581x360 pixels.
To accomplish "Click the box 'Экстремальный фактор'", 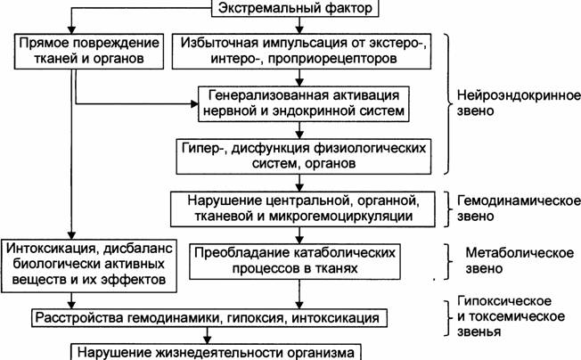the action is tap(295, 8).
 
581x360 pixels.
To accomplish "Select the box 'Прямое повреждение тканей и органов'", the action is tap(89, 52).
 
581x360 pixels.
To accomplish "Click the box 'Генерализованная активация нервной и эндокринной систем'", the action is tap(304, 104).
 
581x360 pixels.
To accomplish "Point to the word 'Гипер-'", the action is tap(203, 149).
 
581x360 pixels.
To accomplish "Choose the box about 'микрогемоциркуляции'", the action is tap(302, 209).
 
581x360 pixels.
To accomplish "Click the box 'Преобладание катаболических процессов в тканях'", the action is tap(295, 261).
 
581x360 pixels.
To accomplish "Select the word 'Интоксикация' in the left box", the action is tap(51, 249).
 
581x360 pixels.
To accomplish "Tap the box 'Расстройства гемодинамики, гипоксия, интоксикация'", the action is tap(209, 318).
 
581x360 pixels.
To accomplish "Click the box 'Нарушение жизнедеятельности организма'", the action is tap(216, 352).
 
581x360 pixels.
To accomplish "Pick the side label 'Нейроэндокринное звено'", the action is tap(519, 103).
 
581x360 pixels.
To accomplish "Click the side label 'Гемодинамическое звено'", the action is tap(519, 209).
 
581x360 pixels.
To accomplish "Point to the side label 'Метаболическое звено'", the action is tap(520, 260).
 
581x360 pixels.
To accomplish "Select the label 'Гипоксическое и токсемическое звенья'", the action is tap(511, 316).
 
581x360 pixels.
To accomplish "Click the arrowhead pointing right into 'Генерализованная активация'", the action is tap(194, 104).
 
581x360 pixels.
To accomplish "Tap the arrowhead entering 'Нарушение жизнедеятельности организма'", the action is tap(208, 340).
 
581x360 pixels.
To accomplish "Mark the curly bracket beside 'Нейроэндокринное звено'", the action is tap(448, 104).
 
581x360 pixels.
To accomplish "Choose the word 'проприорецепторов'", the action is tap(332, 59).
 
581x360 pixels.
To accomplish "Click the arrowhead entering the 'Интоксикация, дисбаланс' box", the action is tap(71, 235).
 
